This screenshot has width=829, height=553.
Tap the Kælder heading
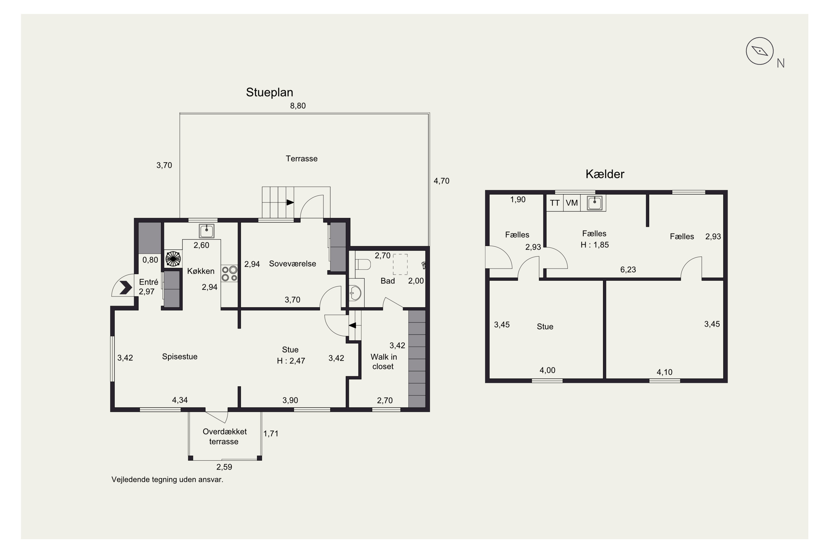coord(605,174)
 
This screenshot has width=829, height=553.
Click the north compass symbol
coord(760,51)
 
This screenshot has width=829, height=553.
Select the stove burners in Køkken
coord(229,274)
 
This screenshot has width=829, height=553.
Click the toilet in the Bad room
coord(363,264)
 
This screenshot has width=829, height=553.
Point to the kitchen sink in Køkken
coord(206,231)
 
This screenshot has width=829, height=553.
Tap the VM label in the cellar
coord(571,203)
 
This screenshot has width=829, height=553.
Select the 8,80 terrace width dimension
coord(298,106)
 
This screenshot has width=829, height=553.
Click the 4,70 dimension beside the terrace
coord(441,181)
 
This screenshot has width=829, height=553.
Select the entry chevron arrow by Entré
coord(125,288)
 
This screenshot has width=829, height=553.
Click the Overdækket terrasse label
coord(224,437)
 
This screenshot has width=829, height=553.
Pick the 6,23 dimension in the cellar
coord(628,270)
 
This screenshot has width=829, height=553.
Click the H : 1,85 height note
coord(594,245)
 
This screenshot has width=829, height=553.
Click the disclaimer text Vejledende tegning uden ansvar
coord(167,480)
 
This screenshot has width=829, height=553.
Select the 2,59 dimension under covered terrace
coord(224,467)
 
